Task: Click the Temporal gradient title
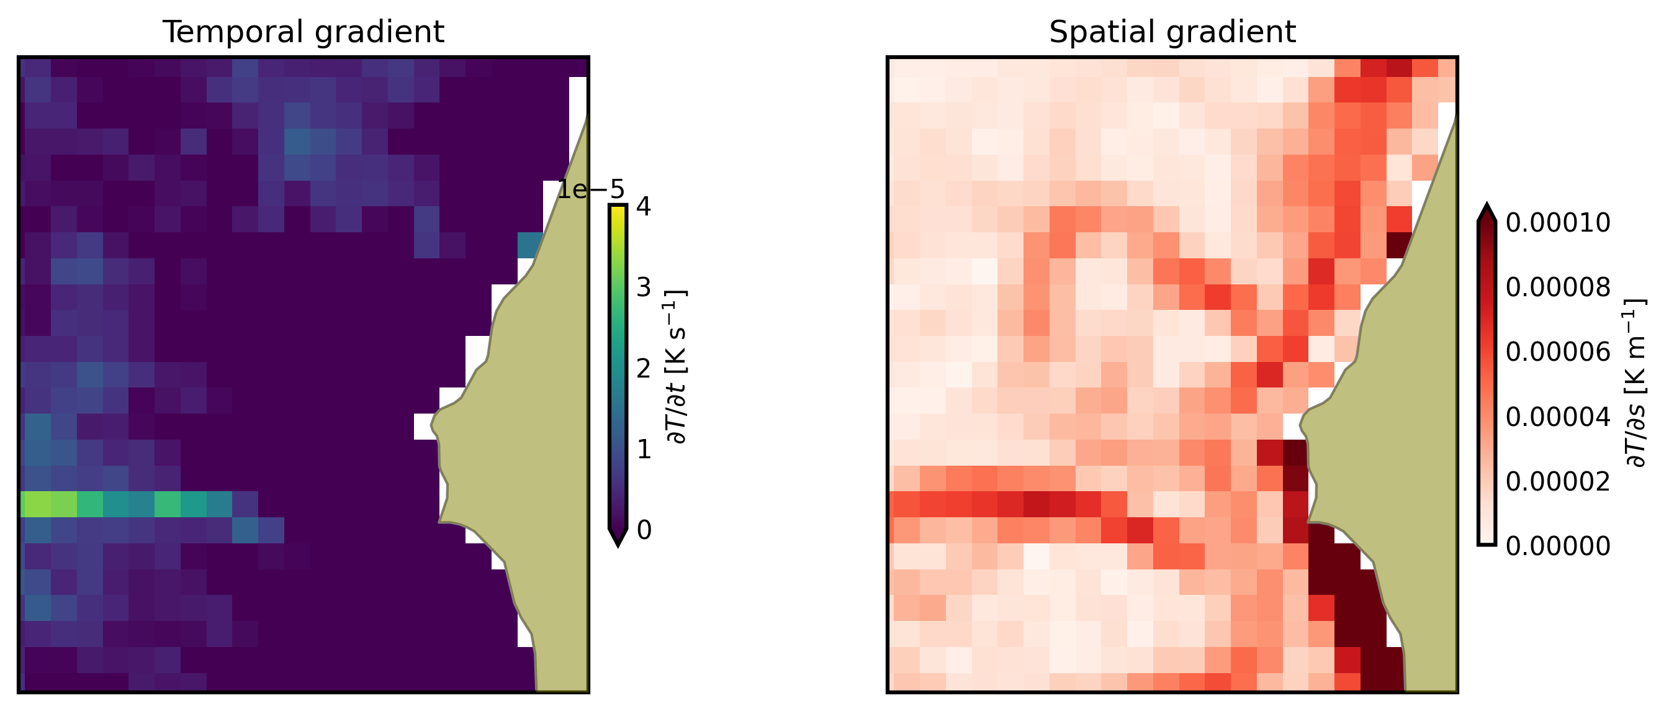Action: click(304, 32)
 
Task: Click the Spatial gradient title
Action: click(1172, 32)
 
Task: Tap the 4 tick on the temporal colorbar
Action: click(644, 207)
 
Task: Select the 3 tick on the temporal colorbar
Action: click(644, 287)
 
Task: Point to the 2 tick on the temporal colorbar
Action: click(644, 368)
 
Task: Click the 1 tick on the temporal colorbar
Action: click(644, 449)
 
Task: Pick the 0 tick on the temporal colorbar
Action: click(644, 530)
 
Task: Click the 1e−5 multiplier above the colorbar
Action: click(591, 190)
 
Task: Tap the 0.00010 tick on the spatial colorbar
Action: click(1557, 222)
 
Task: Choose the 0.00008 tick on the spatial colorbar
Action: click(1557, 287)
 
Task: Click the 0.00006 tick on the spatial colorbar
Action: click(1557, 352)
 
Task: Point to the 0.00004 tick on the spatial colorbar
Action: click(1557, 417)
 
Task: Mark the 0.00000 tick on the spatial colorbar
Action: click(1557, 546)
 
